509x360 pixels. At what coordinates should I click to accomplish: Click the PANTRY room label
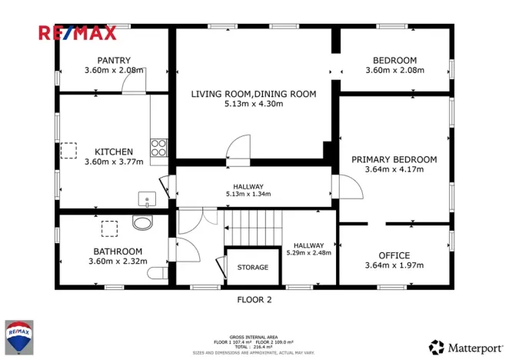(x=114, y=61)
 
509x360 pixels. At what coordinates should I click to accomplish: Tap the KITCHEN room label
(x=114, y=152)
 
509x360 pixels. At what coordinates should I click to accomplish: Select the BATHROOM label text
(x=118, y=252)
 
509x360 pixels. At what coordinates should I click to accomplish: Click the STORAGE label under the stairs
(x=252, y=267)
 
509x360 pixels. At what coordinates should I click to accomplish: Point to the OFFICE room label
(x=394, y=255)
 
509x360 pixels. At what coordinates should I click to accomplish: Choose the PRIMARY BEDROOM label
(x=394, y=159)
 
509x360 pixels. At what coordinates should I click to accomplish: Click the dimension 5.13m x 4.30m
(x=253, y=104)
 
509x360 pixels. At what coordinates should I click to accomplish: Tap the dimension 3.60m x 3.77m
(x=114, y=162)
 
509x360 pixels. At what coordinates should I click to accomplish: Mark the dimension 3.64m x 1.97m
(x=394, y=266)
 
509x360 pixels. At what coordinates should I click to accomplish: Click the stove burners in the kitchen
(x=159, y=147)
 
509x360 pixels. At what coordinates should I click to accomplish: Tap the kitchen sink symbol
(x=148, y=200)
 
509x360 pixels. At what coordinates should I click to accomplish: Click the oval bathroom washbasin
(x=142, y=223)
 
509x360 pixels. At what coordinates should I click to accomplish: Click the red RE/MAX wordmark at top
(x=78, y=32)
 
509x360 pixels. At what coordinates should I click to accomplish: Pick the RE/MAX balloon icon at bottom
(x=19, y=337)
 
